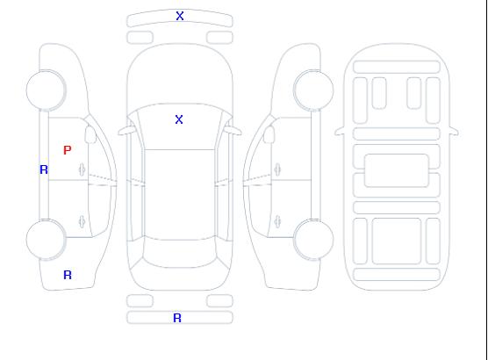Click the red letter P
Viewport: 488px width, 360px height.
[x=68, y=150]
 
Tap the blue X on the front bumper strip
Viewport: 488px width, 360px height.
[x=180, y=16]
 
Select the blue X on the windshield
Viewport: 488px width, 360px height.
[x=179, y=119]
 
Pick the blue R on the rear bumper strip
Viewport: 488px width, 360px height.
[x=177, y=318]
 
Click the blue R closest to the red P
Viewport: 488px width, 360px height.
[x=44, y=169]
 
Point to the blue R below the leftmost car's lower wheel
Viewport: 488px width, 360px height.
[x=68, y=275]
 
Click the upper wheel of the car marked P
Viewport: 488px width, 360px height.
[x=46, y=90]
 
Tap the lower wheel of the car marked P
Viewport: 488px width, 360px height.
[x=46, y=240]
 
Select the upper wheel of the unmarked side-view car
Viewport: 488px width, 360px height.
[x=313, y=90]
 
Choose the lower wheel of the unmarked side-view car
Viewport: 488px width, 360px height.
[x=313, y=240]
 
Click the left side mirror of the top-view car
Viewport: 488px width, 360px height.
[x=126, y=131]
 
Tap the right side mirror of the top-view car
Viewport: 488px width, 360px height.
[x=233, y=131]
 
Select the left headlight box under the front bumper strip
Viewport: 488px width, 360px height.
[x=140, y=38]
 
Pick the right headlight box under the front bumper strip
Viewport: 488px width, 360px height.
[x=219, y=38]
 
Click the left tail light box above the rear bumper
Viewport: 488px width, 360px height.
[x=140, y=301]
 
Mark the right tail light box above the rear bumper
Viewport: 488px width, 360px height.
[x=219, y=301]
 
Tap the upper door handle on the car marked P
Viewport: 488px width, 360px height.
[x=83, y=169]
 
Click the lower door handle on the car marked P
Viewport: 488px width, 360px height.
[x=82, y=221]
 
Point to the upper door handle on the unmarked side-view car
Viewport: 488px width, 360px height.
[x=277, y=169]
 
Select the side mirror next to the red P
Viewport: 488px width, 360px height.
[x=90, y=134]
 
